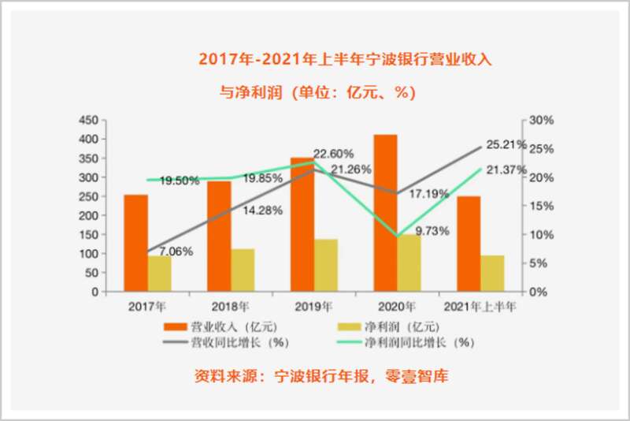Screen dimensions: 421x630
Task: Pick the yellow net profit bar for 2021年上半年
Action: point(492,273)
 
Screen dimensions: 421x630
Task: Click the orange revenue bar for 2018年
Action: point(220,236)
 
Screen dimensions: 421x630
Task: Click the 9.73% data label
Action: point(432,231)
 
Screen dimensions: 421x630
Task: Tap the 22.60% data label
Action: point(334,153)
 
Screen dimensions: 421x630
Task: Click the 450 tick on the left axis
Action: point(88,120)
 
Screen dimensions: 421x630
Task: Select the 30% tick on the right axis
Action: point(543,120)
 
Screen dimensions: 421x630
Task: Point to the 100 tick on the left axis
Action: point(88,254)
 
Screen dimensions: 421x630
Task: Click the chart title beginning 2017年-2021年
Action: point(345,59)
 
